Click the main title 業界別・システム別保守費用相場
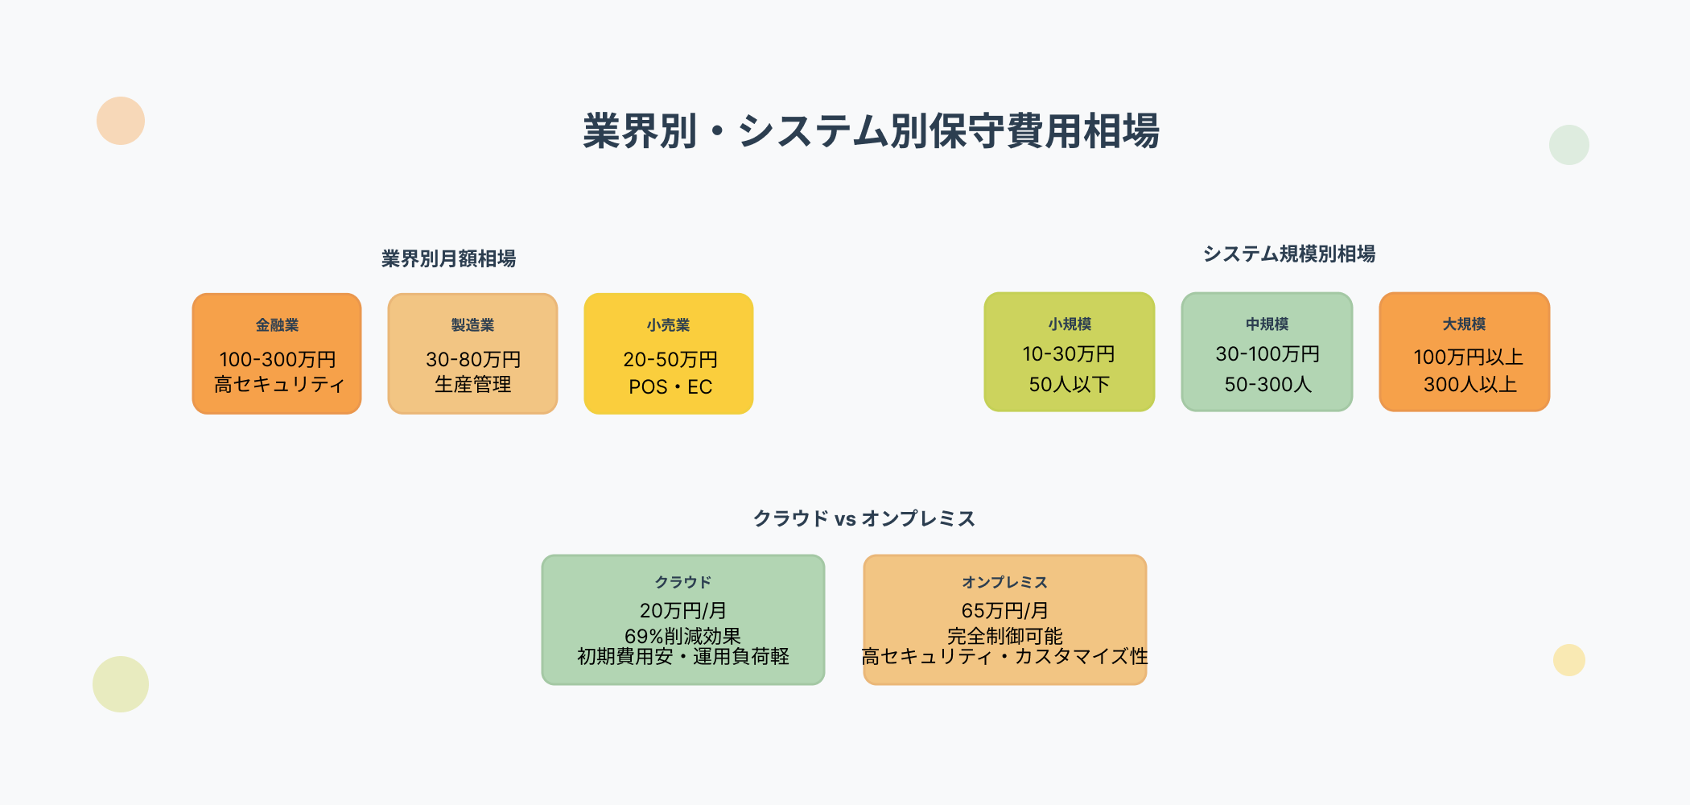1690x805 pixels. [871, 131]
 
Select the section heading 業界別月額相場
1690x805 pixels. [448, 258]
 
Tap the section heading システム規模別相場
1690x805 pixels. [1288, 254]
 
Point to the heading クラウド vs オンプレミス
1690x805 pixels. [864, 518]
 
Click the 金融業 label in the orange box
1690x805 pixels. [277, 325]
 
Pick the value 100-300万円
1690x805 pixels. [277, 359]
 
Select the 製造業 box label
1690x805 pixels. [472, 325]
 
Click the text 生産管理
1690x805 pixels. [472, 385]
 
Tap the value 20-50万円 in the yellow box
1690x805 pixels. [670, 359]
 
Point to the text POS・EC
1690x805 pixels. [670, 387]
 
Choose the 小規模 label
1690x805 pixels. [1070, 324]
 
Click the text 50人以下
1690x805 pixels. [1070, 385]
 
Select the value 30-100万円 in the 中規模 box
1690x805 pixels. [1267, 354]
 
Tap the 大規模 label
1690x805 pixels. [1464, 324]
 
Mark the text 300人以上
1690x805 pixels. [1469, 385]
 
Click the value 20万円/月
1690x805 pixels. [682, 610]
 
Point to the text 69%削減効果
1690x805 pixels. [682, 636]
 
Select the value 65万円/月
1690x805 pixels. [1004, 610]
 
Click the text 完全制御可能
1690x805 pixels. [1004, 636]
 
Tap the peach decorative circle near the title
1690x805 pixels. [121, 121]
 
